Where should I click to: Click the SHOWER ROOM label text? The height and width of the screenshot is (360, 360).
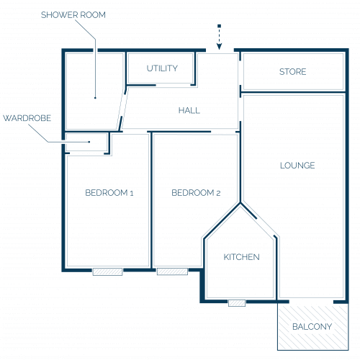[x=73, y=15]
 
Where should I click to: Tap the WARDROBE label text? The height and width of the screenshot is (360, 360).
[x=27, y=118]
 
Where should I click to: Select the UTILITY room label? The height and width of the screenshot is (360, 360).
[x=162, y=68]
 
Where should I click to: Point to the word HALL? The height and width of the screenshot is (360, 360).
[x=189, y=110]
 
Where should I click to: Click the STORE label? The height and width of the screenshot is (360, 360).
[x=293, y=72]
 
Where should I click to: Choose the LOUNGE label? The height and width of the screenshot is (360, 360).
[x=297, y=166]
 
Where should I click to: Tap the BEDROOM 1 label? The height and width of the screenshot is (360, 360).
[x=109, y=193]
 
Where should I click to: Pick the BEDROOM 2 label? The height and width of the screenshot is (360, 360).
[x=196, y=193]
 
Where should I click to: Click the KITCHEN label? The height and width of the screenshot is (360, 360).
[x=242, y=257]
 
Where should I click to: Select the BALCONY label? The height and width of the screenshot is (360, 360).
[x=312, y=327]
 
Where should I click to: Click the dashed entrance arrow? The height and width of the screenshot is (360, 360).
[x=219, y=37]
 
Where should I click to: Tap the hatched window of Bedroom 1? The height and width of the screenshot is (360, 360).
[x=107, y=271]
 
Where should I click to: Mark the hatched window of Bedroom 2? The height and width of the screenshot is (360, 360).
[x=172, y=271]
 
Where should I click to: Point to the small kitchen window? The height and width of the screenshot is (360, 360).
[x=237, y=303]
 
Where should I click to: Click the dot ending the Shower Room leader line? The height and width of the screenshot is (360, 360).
[x=95, y=98]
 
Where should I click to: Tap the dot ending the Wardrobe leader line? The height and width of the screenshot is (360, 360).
[x=89, y=142]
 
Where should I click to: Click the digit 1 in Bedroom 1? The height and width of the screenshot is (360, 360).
[x=132, y=193]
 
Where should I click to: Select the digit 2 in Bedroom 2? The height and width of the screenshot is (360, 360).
[x=218, y=193]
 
